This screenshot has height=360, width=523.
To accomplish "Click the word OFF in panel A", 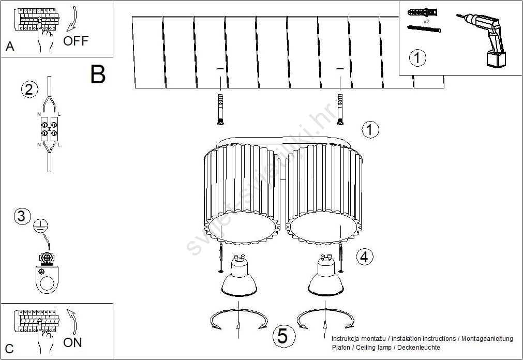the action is pyautogui.click(x=76, y=41).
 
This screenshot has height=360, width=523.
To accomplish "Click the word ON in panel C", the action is pyautogui.click(x=72, y=342).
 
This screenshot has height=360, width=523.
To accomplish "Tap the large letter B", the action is pyautogui.click(x=98, y=74).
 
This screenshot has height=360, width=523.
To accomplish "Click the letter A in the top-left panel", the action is pyautogui.click(x=10, y=47).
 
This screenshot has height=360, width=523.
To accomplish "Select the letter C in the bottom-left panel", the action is pyautogui.click(x=10, y=349).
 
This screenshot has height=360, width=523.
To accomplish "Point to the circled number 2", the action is pyautogui.click(x=29, y=89).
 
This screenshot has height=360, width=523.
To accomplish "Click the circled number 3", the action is pyautogui.click(x=22, y=216).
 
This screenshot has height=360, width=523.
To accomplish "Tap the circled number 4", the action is pyautogui.click(x=365, y=257).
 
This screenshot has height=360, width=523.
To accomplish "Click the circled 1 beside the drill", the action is pyautogui.click(x=417, y=58).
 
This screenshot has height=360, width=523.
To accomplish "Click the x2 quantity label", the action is pyautogui.click(x=426, y=21).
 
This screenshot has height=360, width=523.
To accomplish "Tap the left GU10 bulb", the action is pyautogui.click(x=239, y=276).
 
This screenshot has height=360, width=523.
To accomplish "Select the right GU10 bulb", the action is pyautogui.click(x=325, y=275).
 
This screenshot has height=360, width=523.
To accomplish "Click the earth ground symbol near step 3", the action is pyautogui.click(x=41, y=226).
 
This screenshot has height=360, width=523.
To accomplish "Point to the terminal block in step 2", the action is pyautogui.click(x=49, y=129).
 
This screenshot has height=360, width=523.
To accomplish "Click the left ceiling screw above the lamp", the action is pyautogui.click(x=220, y=110).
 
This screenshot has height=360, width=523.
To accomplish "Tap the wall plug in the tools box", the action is pyautogui.click(x=422, y=13).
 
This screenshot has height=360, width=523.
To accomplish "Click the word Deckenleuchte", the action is pyautogui.click(x=419, y=347).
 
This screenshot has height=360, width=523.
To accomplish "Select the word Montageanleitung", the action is pyautogui.click(x=487, y=339).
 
